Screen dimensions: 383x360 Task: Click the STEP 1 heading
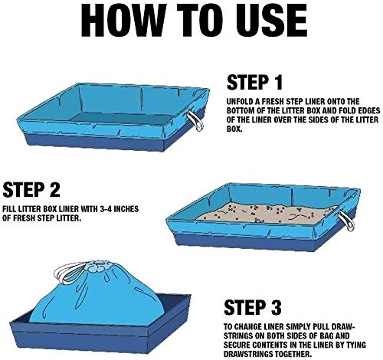point(254,82)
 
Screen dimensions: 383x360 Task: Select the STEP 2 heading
point(31,189)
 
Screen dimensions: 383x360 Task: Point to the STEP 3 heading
point(253,307)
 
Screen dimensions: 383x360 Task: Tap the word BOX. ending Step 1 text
point(234,129)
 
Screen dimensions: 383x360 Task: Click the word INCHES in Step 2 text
point(126,209)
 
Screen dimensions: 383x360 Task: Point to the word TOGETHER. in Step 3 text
point(293,354)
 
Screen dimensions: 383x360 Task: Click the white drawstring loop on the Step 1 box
point(195,122)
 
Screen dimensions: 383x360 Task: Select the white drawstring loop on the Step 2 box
point(347,221)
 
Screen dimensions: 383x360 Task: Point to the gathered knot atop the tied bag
point(99,267)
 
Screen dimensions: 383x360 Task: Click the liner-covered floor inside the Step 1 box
point(120,119)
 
